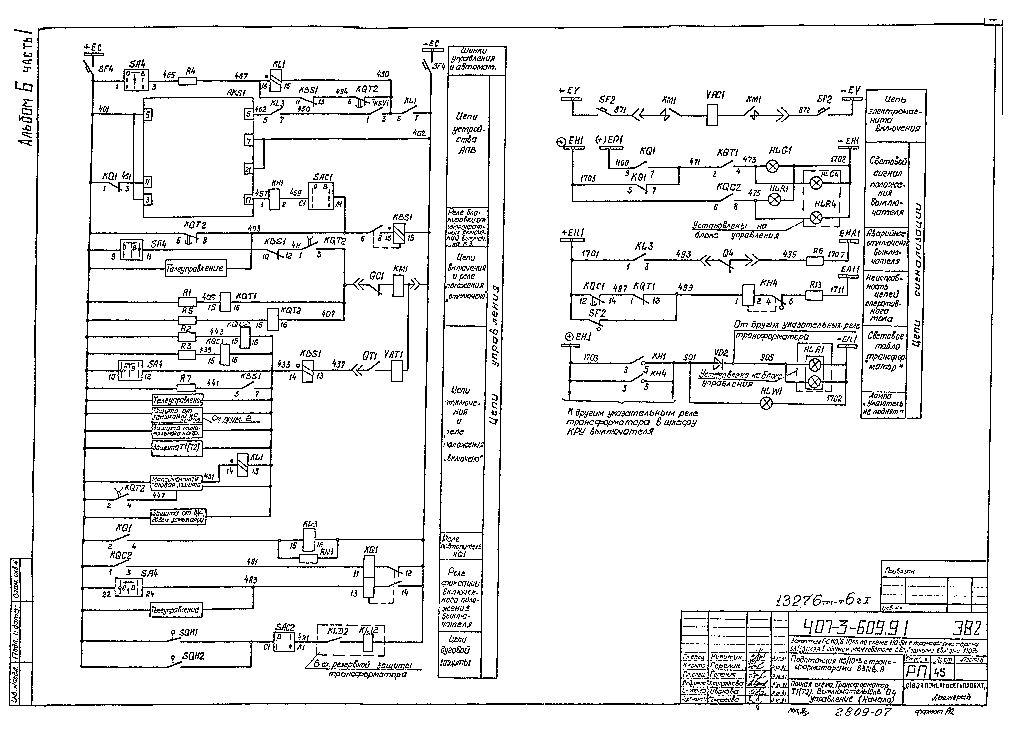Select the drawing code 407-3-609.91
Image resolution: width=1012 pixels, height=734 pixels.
[x=850, y=629]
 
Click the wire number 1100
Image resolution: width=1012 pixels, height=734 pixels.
[x=622, y=163]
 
